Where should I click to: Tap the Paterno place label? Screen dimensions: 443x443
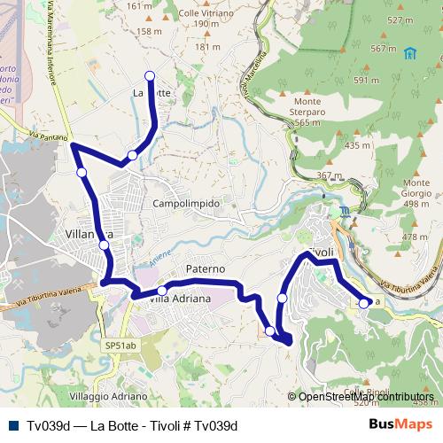pos(206,268)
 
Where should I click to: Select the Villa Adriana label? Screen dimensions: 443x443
pos(180,299)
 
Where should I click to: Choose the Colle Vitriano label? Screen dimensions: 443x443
pos(206,15)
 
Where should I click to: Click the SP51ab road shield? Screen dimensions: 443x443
pos(120,346)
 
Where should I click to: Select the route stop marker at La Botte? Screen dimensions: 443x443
pos(150,76)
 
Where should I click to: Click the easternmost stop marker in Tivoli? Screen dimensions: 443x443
pos(363,303)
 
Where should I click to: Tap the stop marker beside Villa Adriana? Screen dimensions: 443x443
pos(162,291)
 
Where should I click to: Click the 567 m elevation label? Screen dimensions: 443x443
pos(384,49)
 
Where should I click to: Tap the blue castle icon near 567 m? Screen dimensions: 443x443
pos(409,53)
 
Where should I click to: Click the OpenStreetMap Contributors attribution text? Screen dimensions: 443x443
pos(366,397)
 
